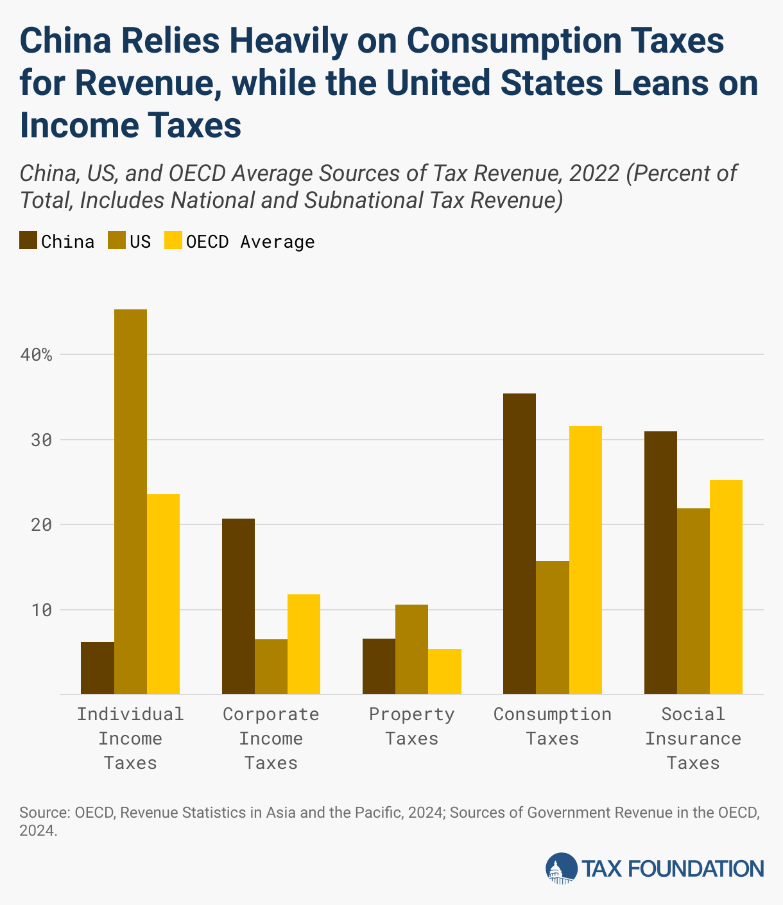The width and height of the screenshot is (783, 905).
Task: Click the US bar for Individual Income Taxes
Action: [x=130, y=501]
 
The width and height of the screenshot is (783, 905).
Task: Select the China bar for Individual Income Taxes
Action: [x=98, y=668]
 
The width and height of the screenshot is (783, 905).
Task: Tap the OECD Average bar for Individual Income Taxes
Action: [x=163, y=594]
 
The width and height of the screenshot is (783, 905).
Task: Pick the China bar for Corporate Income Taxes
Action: [x=238, y=606]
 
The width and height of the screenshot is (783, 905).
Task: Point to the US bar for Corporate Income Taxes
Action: [x=271, y=666]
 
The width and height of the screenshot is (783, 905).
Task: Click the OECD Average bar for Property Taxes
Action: [x=444, y=671]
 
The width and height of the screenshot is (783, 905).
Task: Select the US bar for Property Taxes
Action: [x=411, y=649]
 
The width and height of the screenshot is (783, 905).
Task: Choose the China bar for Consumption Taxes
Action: [x=519, y=544]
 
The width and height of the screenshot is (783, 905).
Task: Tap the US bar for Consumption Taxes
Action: [x=552, y=627]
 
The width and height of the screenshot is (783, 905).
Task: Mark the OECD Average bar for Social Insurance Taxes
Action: [x=726, y=587]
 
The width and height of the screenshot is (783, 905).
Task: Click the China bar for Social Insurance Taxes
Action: [x=660, y=562]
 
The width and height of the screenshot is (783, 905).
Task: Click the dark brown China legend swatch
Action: [x=28, y=241]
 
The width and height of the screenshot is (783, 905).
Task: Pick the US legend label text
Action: [x=140, y=241]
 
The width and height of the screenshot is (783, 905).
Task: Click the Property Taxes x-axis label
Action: [x=411, y=726]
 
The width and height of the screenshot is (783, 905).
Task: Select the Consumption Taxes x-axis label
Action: [x=552, y=726]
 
